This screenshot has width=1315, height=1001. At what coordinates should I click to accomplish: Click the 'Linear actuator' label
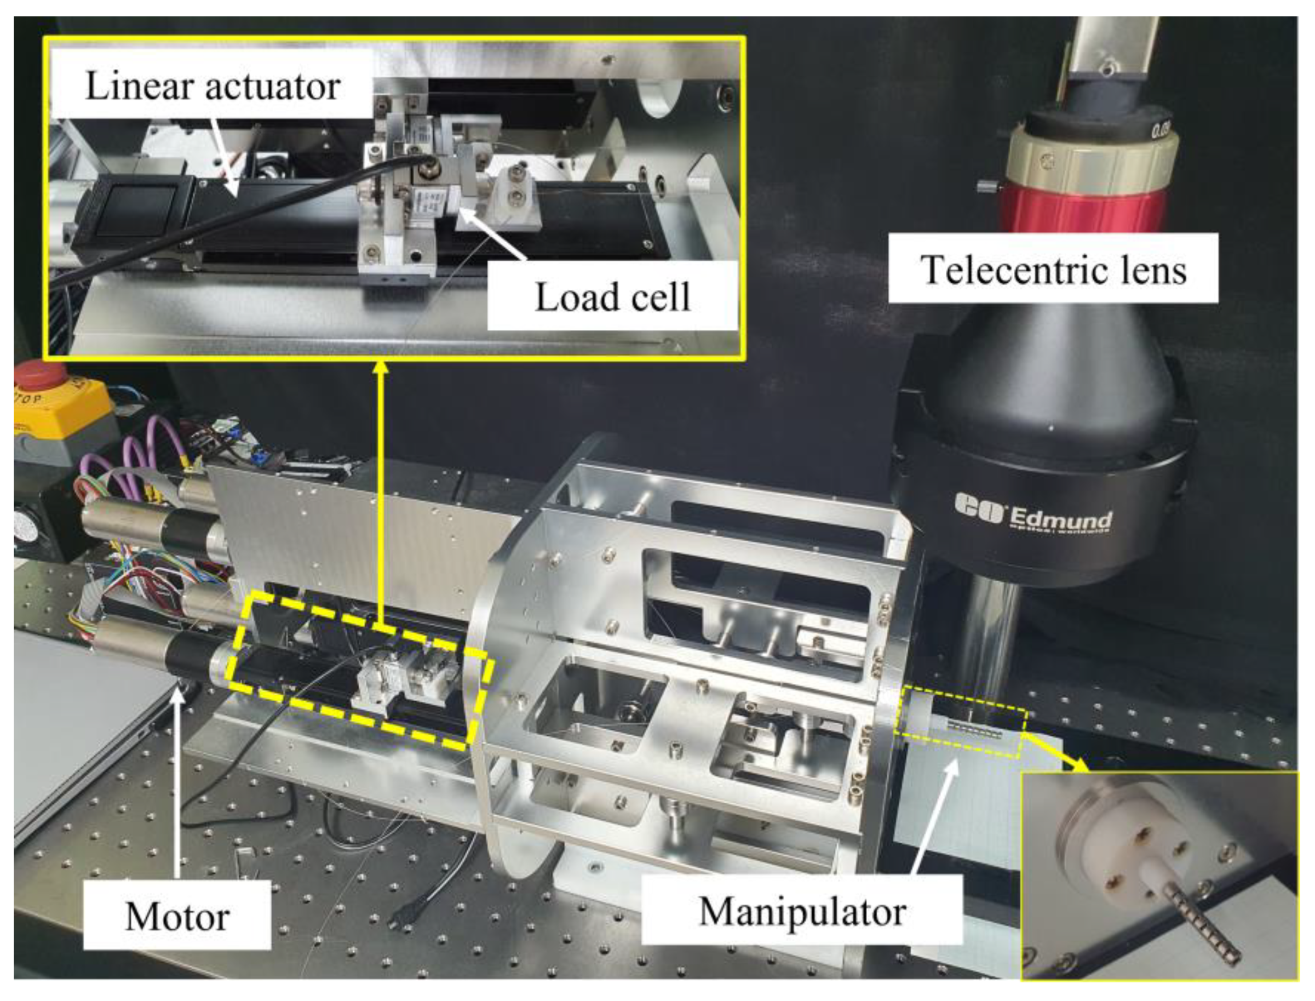(x=213, y=87)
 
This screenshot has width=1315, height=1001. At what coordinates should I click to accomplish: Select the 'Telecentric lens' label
(x=1053, y=270)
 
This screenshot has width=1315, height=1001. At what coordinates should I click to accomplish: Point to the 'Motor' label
(x=177, y=916)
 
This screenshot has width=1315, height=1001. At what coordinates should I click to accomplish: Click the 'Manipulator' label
(x=802, y=911)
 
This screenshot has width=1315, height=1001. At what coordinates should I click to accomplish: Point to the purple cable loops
(x=143, y=453)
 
